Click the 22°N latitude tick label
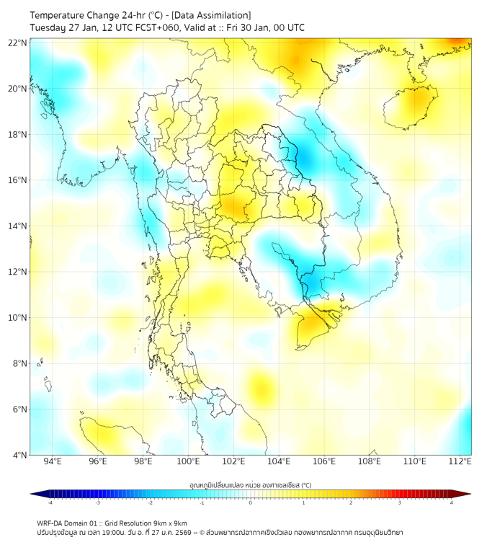tap(18, 43)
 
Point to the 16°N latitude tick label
tap(18, 180)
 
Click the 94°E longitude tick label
tap(53, 461)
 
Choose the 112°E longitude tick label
tap(460, 461)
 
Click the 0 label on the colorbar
tap(251, 502)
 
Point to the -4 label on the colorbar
tap(49, 502)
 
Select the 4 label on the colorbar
tap(452, 502)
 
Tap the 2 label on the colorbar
tap(351, 502)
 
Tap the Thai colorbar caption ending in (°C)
tap(250, 485)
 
